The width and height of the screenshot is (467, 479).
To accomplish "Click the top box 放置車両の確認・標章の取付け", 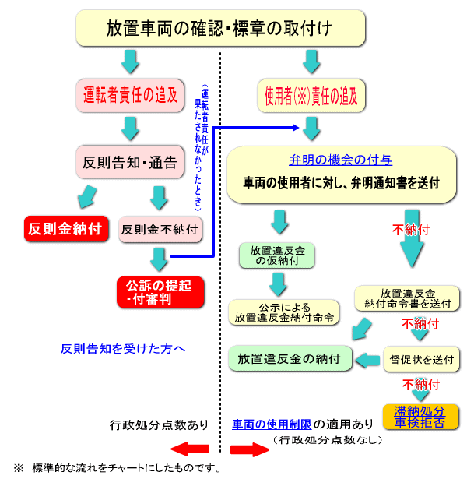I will [x=219, y=29].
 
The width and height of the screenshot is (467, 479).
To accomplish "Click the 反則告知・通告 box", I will [x=129, y=163].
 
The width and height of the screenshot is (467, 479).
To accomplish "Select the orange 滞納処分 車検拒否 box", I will [x=420, y=417].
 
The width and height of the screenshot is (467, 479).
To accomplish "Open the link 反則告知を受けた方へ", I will [x=123, y=348].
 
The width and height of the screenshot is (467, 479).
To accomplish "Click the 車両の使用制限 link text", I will [x=272, y=425].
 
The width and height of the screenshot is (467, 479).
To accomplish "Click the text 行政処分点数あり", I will [x=159, y=425].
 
